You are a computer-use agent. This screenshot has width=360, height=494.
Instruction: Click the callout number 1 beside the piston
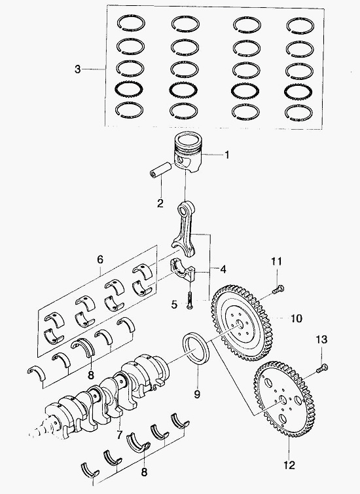[x=226, y=155]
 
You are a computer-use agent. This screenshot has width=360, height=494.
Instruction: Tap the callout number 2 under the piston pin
[x=160, y=203]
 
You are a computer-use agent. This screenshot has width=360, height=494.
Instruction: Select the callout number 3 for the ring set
[x=78, y=69]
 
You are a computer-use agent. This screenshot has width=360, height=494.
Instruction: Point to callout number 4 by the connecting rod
[x=223, y=269]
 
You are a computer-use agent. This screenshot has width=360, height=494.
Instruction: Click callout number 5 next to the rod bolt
[x=174, y=305]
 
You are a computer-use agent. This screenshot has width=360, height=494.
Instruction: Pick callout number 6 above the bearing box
[x=100, y=259]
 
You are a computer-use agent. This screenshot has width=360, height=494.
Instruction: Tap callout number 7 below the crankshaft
[x=119, y=435]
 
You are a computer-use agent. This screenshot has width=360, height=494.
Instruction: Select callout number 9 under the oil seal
[x=197, y=394]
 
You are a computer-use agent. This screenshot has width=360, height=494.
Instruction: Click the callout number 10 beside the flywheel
[x=297, y=318]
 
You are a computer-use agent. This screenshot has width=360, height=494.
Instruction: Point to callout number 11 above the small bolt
[x=277, y=261]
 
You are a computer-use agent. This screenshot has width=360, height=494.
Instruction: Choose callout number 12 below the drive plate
[x=289, y=465]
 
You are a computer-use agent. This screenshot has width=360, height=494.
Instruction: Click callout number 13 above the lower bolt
[x=321, y=339]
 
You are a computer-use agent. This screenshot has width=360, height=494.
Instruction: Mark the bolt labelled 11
[x=278, y=289]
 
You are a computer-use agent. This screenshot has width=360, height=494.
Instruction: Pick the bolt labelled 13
[x=321, y=368]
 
